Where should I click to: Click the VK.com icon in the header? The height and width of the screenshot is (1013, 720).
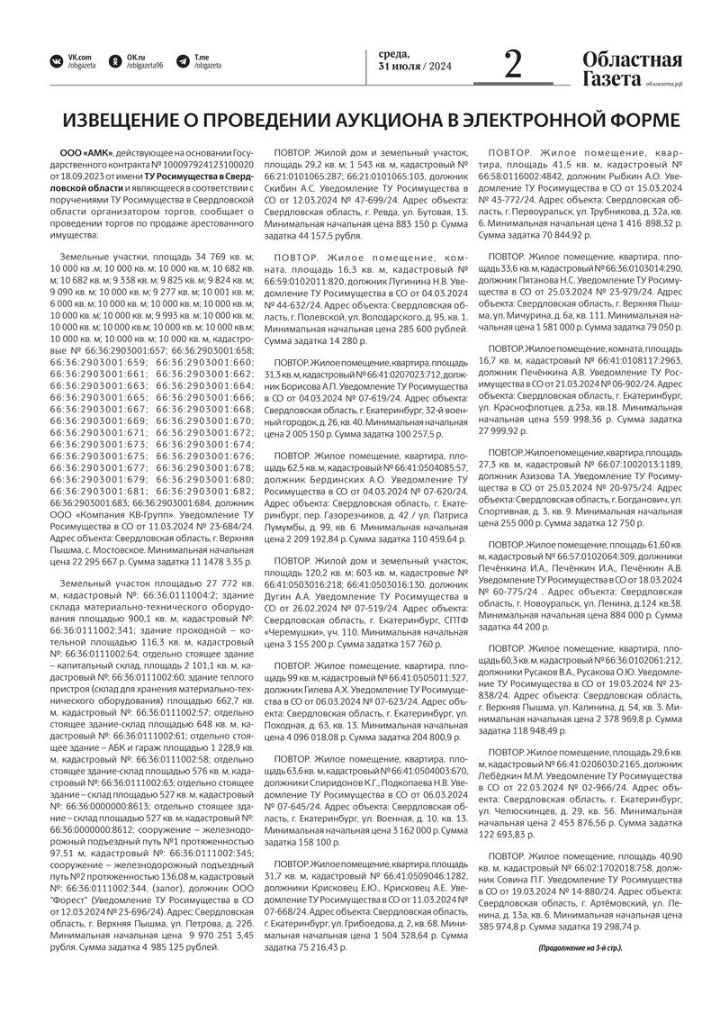tap(57, 61)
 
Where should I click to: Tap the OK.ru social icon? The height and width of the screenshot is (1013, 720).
tap(115, 61)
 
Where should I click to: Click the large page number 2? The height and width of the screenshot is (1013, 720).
tap(513, 65)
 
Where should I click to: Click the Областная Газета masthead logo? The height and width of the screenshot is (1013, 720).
tap(631, 69)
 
